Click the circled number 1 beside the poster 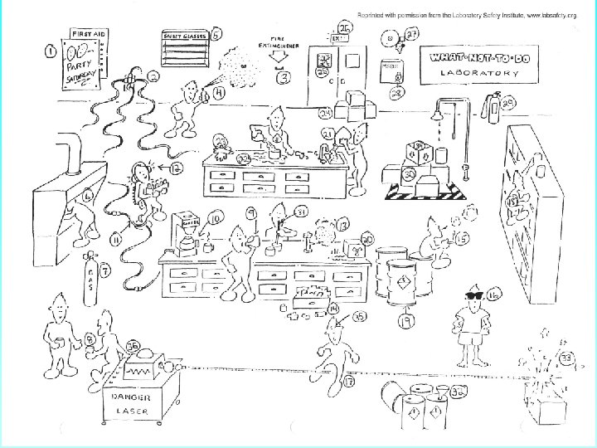51,51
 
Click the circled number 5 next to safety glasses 217,34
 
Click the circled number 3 284,79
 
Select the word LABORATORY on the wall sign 480,74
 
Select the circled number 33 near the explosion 567,358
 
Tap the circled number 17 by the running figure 349,382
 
